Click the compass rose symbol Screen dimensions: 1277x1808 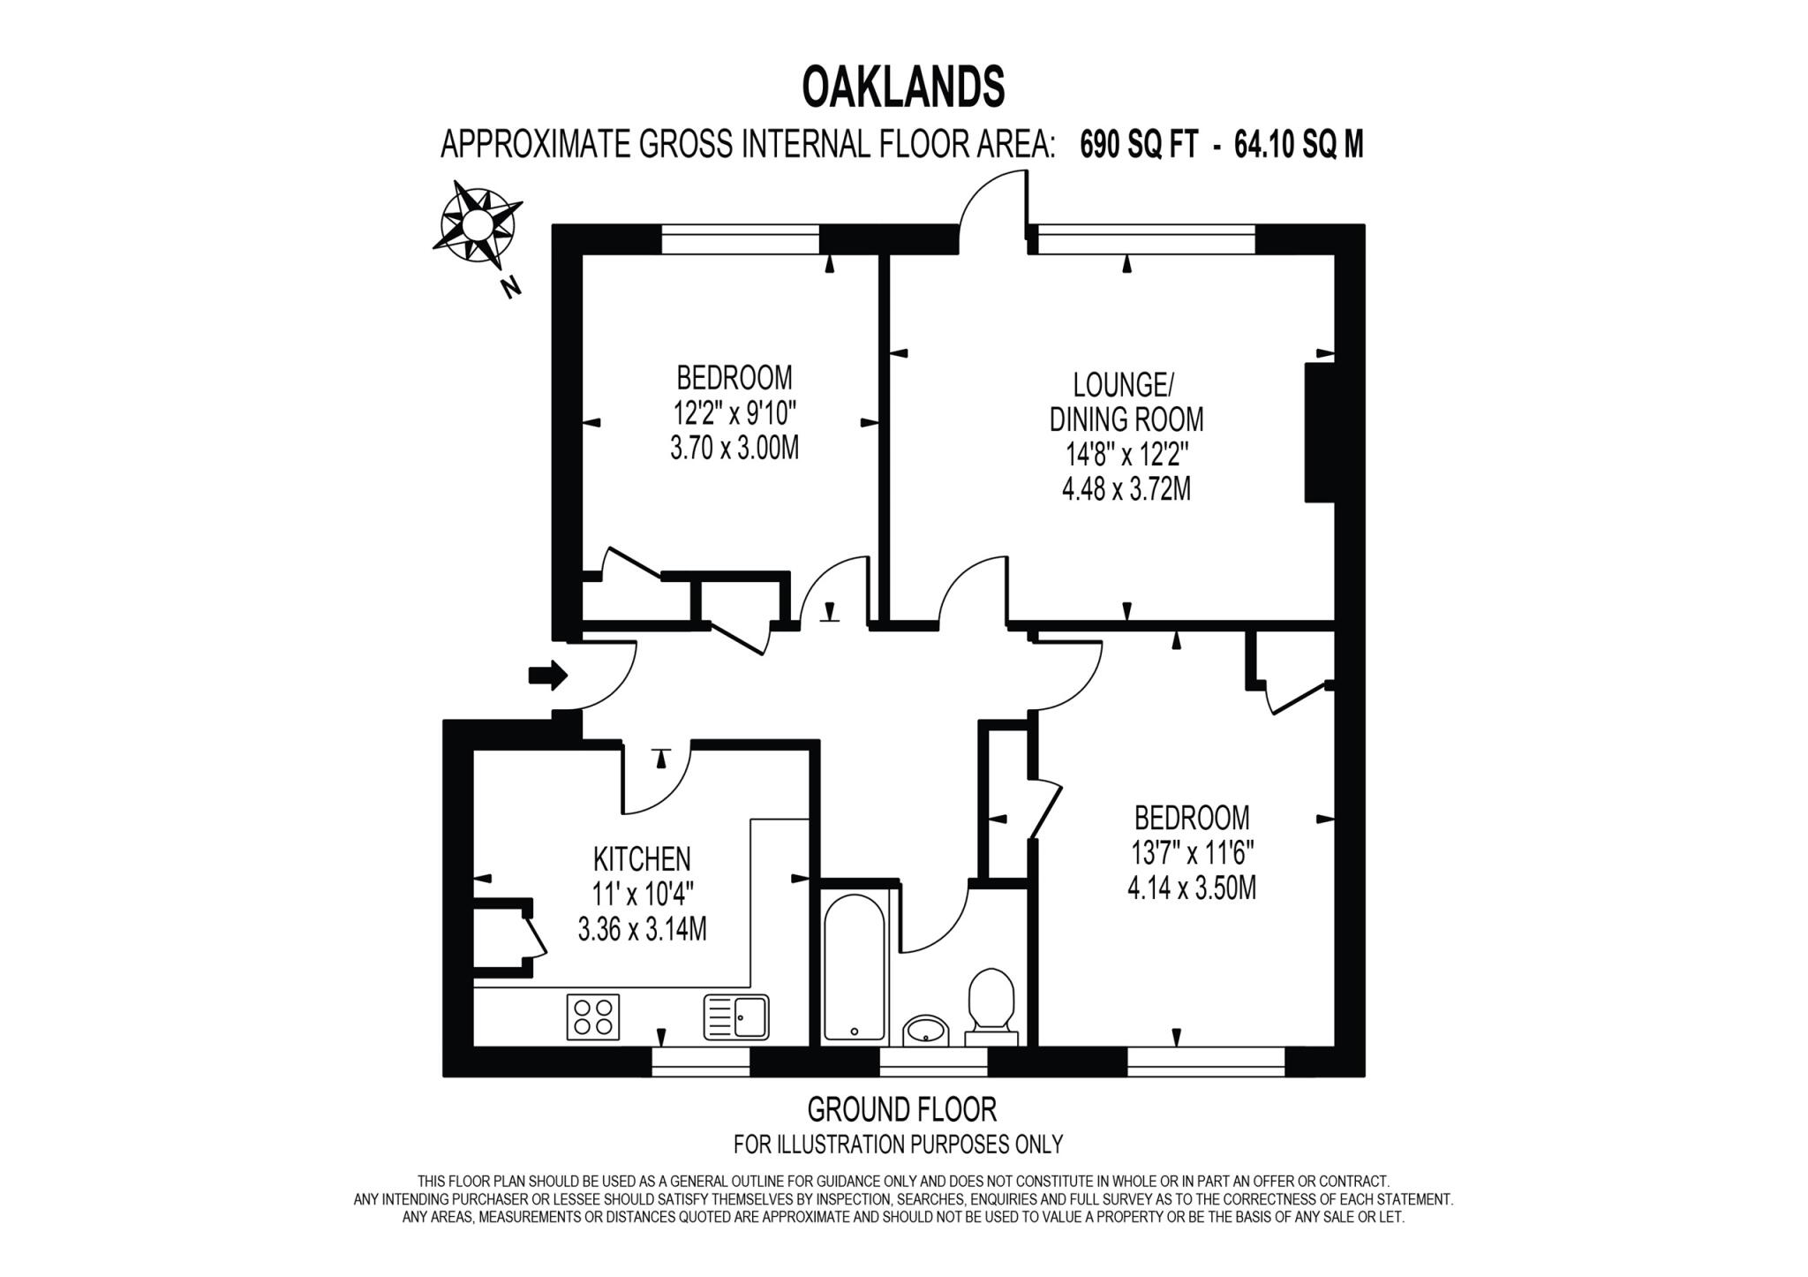coord(478,223)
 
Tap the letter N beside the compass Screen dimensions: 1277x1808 coord(509,287)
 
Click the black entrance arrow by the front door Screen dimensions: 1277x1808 coord(547,676)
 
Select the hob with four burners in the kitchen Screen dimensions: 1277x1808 coord(592,1016)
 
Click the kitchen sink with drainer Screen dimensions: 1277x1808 coord(736,1016)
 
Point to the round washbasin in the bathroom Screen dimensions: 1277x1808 coord(925,1030)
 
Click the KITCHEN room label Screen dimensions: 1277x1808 coord(642,858)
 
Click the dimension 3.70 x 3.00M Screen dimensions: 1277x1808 coord(734,449)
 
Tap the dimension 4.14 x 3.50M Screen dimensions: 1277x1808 coord(1192,888)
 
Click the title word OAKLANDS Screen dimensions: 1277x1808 coord(903,87)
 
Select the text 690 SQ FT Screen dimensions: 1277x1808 coord(1139,144)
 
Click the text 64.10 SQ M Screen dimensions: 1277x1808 coord(1299,144)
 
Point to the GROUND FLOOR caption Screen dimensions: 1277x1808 coord(901,1109)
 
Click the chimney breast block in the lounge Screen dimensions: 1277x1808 coord(1319,432)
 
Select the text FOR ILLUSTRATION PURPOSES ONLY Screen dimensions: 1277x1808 coord(898,1145)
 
